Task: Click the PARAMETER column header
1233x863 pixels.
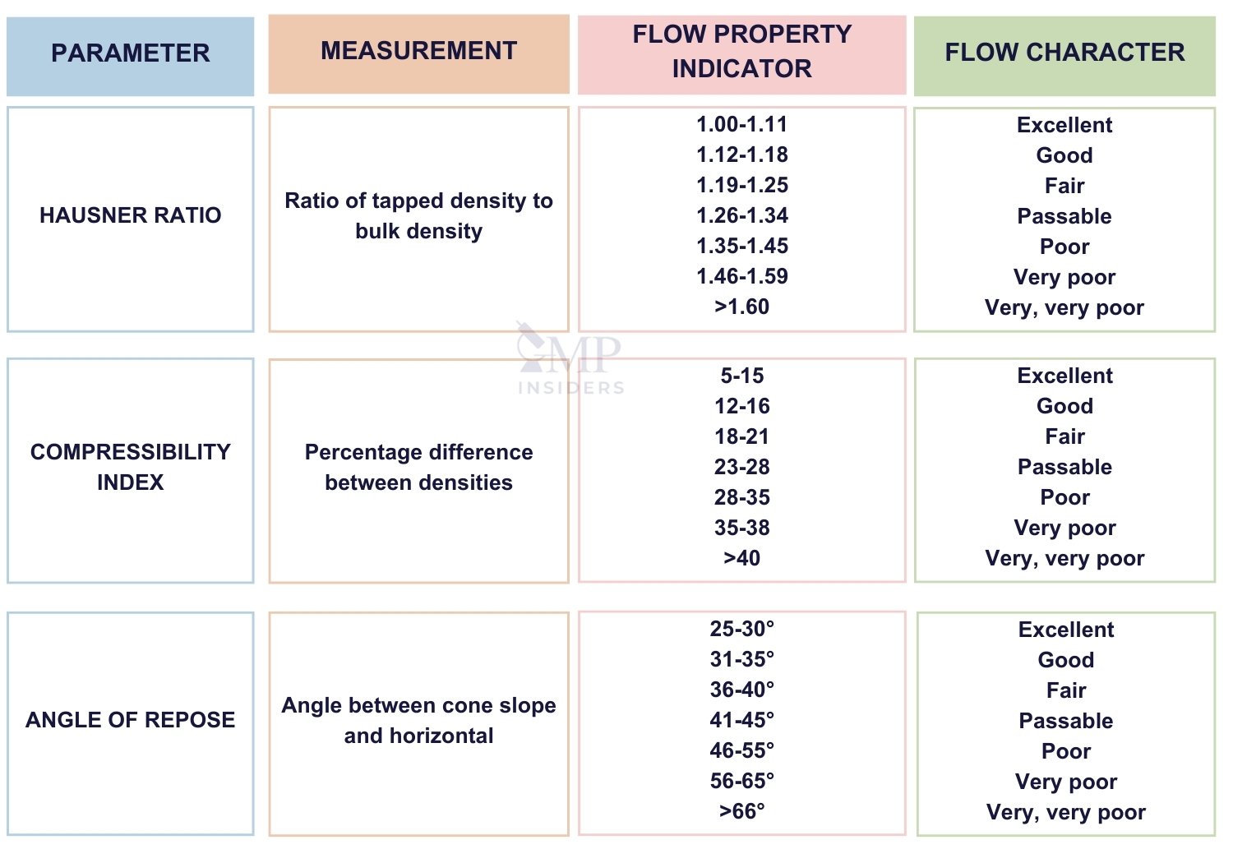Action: pos(130,53)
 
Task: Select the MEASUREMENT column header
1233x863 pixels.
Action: pos(418,51)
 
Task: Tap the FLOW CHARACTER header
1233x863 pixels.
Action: pos(1064,53)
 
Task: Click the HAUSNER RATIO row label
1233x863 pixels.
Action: pos(130,215)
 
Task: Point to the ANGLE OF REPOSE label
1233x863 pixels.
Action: pos(130,720)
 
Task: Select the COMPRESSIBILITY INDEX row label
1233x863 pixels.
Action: pos(130,467)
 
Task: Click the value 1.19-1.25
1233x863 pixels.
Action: pos(741,185)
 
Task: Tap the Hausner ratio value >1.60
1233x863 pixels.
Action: pos(741,307)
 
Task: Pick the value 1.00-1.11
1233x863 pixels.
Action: pos(741,124)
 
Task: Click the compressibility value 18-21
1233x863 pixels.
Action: pos(741,436)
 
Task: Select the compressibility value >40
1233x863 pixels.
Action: pos(741,558)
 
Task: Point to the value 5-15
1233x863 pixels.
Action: pos(741,376)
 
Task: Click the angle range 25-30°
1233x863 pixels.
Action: pos(741,629)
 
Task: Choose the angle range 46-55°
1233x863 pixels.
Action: pos(741,750)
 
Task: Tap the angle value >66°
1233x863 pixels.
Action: pos(741,811)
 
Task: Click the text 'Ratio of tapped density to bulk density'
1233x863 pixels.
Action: pos(418,215)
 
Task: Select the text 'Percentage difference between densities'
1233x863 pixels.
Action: pos(418,467)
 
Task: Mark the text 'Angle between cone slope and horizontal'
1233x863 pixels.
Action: pos(418,720)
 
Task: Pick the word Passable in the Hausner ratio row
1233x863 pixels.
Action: pos(1064,216)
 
